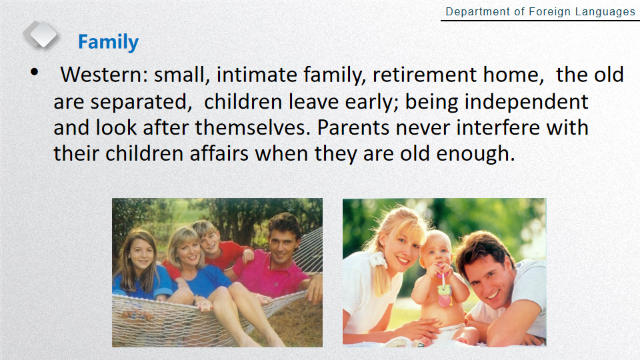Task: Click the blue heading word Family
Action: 108,42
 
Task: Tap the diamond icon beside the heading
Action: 41,35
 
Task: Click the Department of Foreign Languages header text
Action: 541,12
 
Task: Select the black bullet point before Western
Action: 34,72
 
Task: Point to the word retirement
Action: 425,75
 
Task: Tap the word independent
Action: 527,102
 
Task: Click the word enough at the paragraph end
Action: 475,155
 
